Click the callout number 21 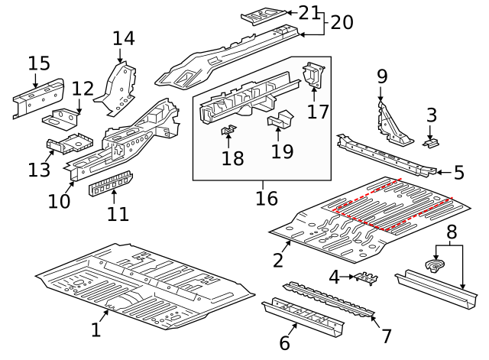(x=309, y=12)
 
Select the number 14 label (x=123, y=38)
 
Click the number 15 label (x=39, y=63)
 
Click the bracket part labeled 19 (x=280, y=120)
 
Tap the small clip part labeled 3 (x=432, y=142)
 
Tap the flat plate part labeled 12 (x=64, y=118)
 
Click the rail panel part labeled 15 (x=37, y=97)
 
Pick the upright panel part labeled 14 (x=118, y=88)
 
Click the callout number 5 (x=458, y=173)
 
